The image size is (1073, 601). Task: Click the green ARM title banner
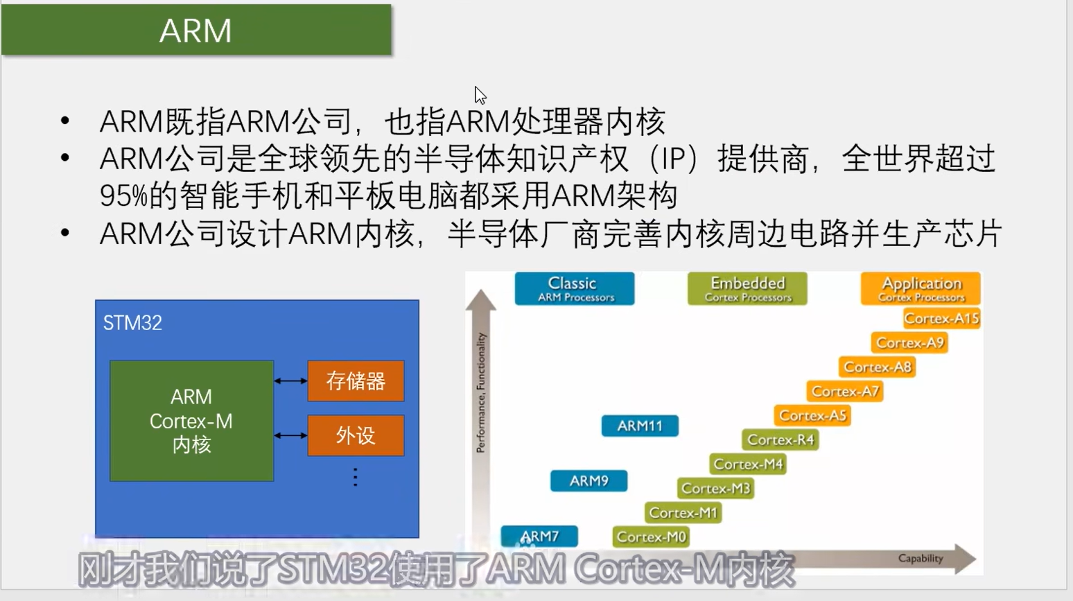[196, 30]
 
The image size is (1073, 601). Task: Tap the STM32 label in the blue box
[132, 323]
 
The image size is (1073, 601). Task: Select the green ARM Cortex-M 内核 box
[191, 421]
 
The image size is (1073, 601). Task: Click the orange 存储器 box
[356, 381]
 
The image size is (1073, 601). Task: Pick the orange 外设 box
[356, 435]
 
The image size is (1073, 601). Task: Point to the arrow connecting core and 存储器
[290, 381]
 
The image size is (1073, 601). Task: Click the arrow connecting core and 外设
[290, 435]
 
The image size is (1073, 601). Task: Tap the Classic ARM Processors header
[575, 289]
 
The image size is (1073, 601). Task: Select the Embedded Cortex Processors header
[747, 289]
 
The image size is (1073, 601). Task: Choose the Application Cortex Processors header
[921, 289]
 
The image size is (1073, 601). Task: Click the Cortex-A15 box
[942, 318]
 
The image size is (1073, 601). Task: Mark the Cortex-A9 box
[909, 343]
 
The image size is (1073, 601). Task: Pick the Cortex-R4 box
[780, 439]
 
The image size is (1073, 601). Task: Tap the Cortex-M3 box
[715, 489]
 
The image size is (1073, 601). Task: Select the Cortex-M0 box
[651, 537]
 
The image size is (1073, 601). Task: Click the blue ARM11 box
[640, 426]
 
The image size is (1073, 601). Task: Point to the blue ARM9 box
[588, 481]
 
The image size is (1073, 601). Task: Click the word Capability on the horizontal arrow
[921, 559]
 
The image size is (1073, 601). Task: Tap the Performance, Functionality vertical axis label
[481, 392]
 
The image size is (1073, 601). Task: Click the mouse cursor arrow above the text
[480, 95]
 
